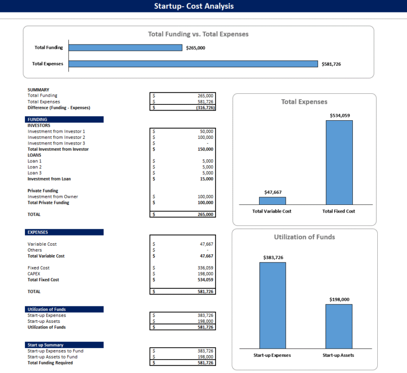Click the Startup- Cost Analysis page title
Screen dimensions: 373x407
tap(194, 6)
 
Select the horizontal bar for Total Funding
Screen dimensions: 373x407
tap(125, 47)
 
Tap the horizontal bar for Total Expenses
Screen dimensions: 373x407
tap(193, 64)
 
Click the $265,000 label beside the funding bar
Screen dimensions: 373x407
tap(195, 48)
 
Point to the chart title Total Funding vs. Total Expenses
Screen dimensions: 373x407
tap(198, 34)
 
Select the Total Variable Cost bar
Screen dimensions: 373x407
tap(272, 201)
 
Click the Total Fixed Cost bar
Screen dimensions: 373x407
tap(339, 162)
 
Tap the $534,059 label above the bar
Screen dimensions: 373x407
tap(339, 115)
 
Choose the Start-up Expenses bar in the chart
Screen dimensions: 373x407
tap(272, 305)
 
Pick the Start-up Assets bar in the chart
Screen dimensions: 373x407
tap(339, 326)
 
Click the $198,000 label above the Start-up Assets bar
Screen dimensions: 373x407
tap(339, 299)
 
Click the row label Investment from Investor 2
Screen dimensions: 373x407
tap(57, 137)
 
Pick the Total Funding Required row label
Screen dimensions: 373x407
tap(50, 363)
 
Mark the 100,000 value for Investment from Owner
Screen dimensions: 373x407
tap(205, 197)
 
